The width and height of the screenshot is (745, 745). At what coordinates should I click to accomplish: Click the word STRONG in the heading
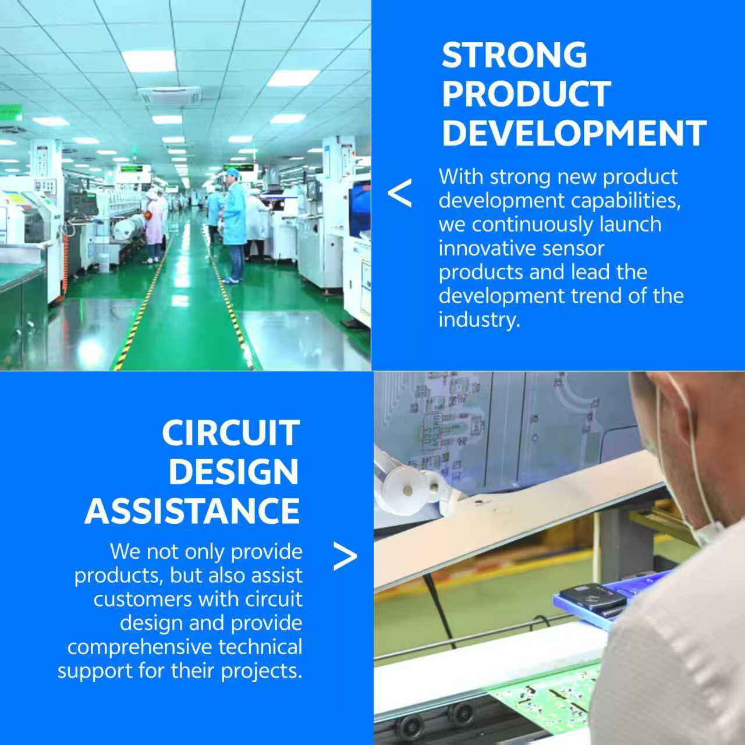click(514, 55)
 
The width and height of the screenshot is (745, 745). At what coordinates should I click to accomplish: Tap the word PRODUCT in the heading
click(527, 94)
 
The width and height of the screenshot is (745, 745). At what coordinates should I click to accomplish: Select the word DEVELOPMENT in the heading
click(574, 133)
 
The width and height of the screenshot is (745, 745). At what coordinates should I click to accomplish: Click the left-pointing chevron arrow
click(400, 193)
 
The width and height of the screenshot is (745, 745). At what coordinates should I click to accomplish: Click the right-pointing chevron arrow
click(345, 556)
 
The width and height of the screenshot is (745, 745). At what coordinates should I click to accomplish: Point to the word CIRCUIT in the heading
click(231, 433)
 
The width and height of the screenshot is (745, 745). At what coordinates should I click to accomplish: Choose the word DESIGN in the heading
click(234, 472)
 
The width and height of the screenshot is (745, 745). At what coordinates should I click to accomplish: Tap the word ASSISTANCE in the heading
click(192, 511)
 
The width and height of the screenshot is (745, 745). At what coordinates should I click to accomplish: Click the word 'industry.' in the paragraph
click(480, 320)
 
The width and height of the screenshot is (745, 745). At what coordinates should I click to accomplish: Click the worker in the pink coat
click(154, 226)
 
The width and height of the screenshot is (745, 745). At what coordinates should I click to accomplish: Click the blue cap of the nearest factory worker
click(232, 172)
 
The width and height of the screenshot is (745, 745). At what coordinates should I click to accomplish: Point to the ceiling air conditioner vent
click(170, 94)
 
